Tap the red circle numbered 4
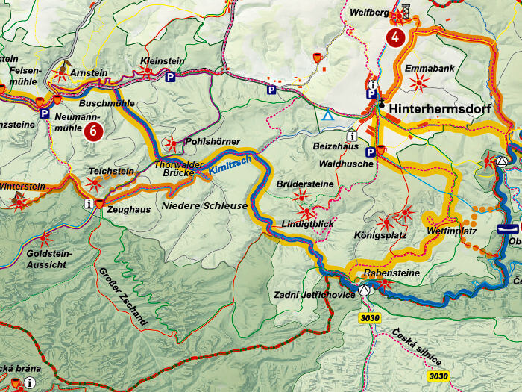(396, 37)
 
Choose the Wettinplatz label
(451, 231)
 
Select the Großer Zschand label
(122, 294)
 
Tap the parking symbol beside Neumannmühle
(45, 114)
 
